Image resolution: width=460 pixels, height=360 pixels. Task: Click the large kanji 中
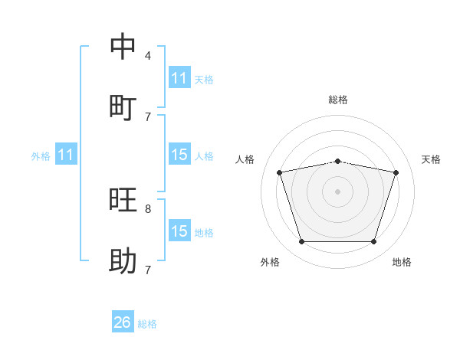tap(123, 46)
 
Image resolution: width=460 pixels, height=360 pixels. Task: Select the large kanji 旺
tap(123, 199)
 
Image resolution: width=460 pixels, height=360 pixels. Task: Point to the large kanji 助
tap(123, 260)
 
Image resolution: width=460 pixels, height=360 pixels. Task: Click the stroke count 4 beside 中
tap(148, 55)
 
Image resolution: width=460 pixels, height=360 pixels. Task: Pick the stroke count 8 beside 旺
tap(148, 209)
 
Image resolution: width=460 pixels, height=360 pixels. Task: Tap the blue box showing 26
tap(123, 321)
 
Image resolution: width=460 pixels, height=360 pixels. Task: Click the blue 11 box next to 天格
tap(179, 77)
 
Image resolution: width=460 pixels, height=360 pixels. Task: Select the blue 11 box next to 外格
tap(66, 154)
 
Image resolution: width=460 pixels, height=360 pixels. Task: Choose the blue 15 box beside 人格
tap(179, 154)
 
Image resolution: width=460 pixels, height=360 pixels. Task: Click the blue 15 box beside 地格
tap(179, 230)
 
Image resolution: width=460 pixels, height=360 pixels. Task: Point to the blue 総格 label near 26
tap(147, 324)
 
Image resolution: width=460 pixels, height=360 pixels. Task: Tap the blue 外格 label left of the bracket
tap(41, 156)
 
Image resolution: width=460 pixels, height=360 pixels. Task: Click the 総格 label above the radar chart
tap(338, 100)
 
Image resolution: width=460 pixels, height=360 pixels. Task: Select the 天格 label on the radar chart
tap(431, 159)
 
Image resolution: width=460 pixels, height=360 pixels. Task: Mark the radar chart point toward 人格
tap(279, 172)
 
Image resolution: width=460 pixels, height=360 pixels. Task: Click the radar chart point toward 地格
tap(373, 242)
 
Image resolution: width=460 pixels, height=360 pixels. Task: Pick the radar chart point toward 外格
tap(302, 242)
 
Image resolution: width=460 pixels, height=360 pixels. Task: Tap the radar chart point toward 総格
tap(337, 162)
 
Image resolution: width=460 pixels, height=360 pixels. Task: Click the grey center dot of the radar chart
tap(337, 191)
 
